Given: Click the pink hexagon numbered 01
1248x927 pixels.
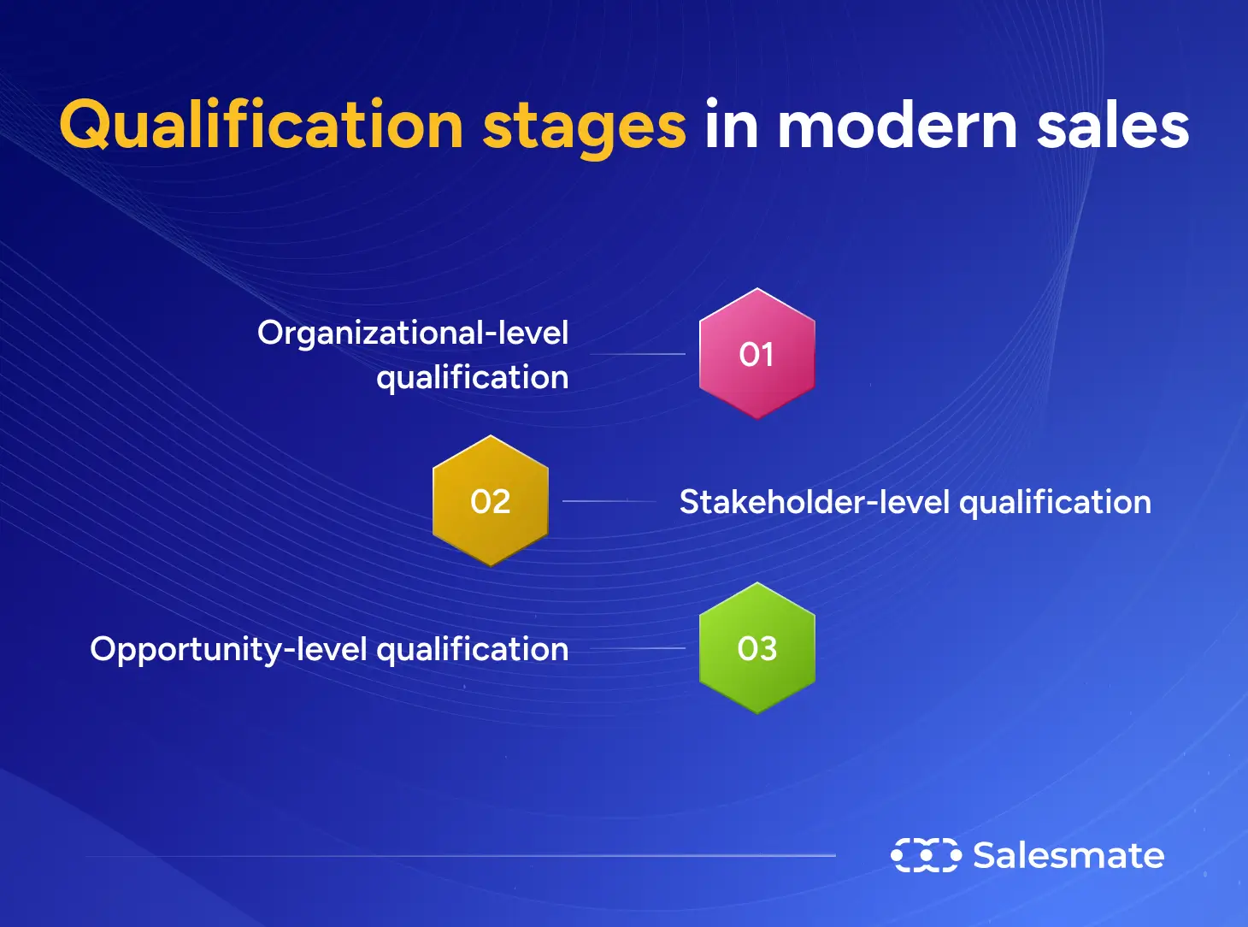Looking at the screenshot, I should pos(756,353).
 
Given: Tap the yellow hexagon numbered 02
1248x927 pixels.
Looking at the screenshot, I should pos(490,500).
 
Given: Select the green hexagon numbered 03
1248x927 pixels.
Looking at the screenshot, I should pos(756,648).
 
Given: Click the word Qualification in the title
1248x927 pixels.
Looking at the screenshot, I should pos(261,126).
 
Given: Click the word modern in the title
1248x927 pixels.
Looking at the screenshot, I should pos(897,126).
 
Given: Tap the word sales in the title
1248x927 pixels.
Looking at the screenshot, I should pos(1113,126).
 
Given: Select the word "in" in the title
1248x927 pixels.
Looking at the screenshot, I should pos(732,126).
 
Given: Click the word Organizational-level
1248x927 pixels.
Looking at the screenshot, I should pos(413,333).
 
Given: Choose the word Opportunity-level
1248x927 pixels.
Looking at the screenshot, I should pos(228,650).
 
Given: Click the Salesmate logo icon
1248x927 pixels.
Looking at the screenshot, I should pos(926,855).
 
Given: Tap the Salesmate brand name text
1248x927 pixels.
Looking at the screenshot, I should pos(1068,855).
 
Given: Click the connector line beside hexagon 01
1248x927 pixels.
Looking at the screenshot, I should pos(638,354).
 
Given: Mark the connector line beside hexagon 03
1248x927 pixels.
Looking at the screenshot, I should pos(638,648).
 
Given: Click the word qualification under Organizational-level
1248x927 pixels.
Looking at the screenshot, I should pos(472,378).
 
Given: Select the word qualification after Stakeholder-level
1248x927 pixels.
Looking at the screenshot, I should pos(1055,503).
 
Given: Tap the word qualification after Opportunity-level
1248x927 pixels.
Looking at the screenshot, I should pos(472,650).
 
